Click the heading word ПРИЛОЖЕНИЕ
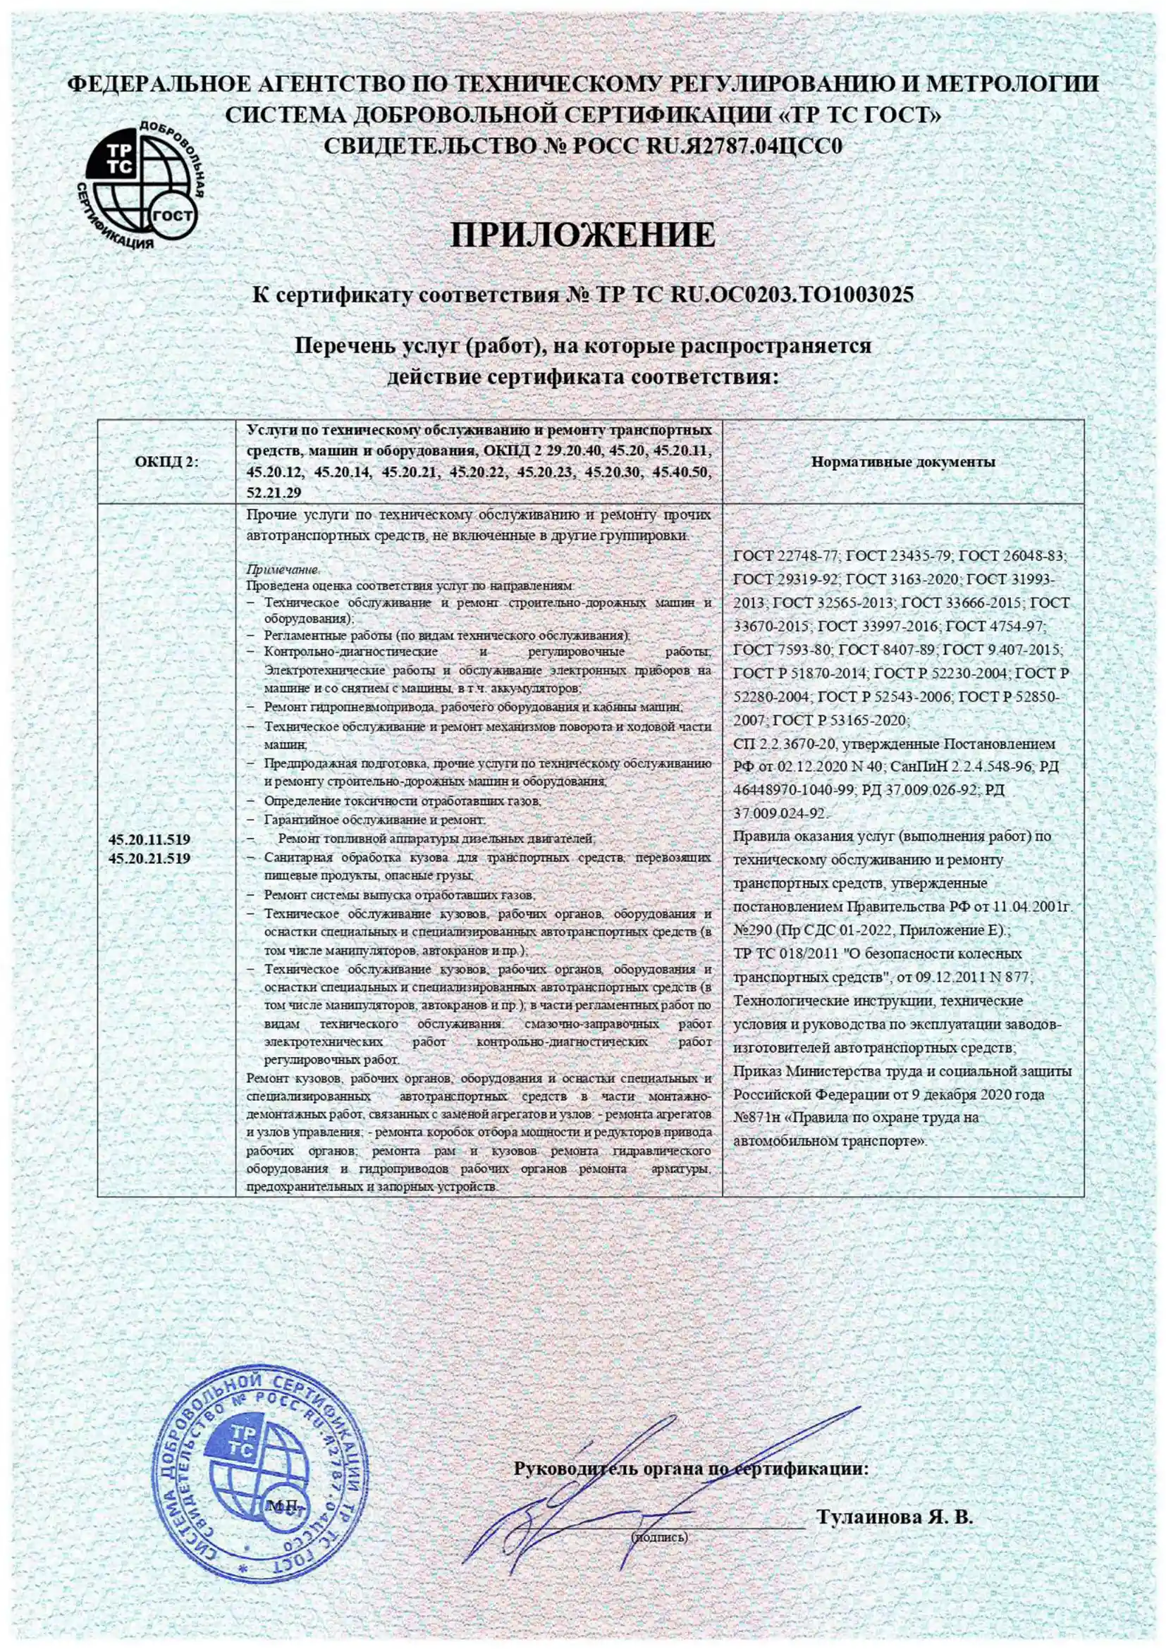coord(582,235)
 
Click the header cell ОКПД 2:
coord(166,462)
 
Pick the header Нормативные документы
coord(903,462)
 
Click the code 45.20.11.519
coord(149,839)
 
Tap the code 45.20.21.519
coord(149,858)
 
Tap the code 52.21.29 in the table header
coord(274,492)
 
